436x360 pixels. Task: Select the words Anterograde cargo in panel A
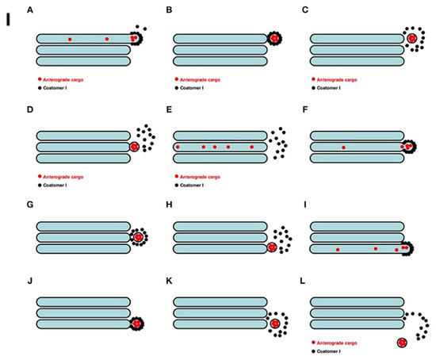pyautogui.click(x=65, y=80)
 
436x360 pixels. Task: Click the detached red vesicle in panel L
pyautogui.click(x=403, y=342)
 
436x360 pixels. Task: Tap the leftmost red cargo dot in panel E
pyautogui.click(x=178, y=147)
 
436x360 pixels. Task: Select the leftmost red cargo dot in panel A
pyautogui.click(x=70, y=39)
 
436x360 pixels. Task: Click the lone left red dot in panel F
pyautogui.click(x=343, y=147)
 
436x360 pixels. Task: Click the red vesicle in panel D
pyautogui.click(x=135, y=147)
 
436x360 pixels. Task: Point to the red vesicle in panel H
pyautogui.click(x=273, y=248)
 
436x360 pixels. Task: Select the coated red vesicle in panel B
pyautogui.click(x=273, y=38)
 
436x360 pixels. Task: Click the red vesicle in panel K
pyautogui.click(x=275, y=324)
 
